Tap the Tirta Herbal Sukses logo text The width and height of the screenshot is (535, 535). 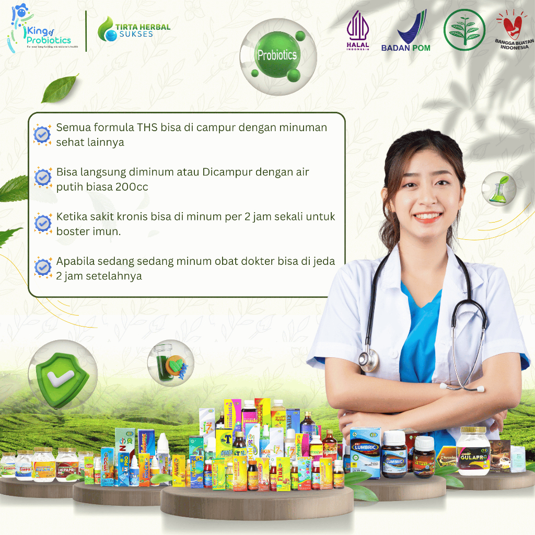[x=134, y=30]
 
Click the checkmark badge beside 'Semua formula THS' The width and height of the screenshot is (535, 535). [x=42, y=135]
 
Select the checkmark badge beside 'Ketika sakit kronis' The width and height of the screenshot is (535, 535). [x=42, y=223]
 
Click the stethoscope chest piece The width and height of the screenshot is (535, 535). [x=368, y=360]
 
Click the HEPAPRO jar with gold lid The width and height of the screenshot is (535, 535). [x=67, y=463]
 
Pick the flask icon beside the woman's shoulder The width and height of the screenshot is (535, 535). [x=498, y=188]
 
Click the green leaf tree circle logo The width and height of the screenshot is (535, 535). [x=464, y=30]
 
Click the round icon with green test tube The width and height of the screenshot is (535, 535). [x=171, y=362]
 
